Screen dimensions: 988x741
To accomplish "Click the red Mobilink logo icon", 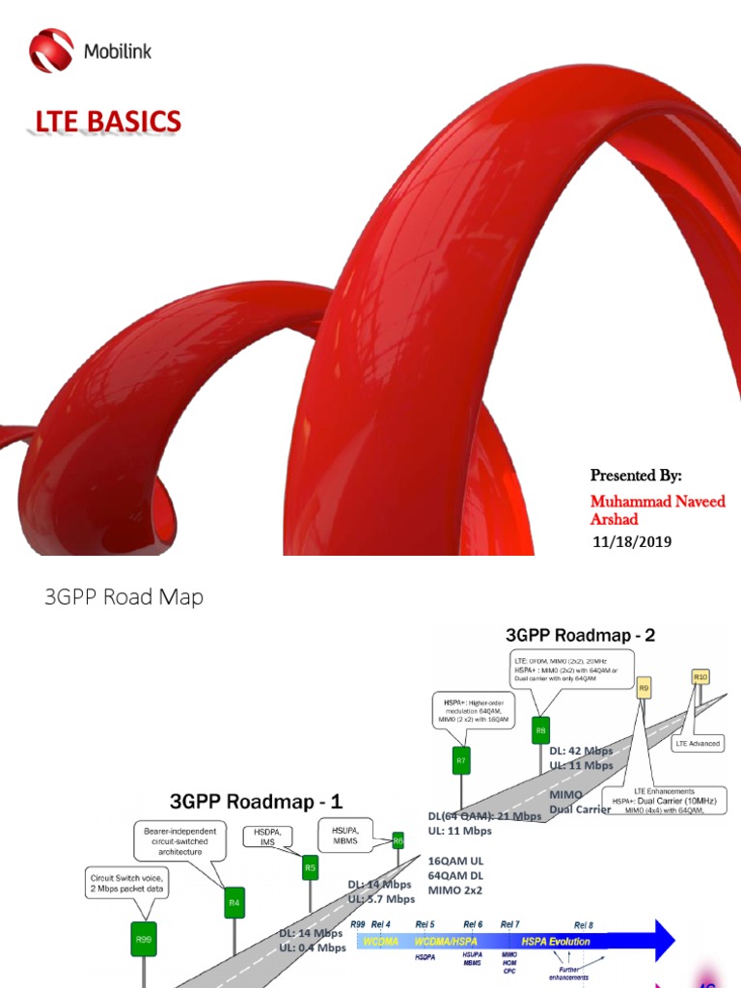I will click(x=50, y=51).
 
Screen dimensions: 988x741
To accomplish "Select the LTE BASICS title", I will click(x=108, y=123).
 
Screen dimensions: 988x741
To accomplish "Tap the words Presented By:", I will click(x=636, y=476).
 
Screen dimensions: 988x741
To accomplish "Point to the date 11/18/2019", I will click(x=631, y=542).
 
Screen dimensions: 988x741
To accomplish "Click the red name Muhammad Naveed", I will click(x=657, y=501).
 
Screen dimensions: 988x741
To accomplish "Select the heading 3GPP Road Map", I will click(x=124, y=597).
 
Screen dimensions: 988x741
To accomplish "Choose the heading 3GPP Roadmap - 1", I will click(x=256, y=801).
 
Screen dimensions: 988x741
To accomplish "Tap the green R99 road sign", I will click(x=143, y=938).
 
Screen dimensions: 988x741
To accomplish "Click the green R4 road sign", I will click(x=234, y=903).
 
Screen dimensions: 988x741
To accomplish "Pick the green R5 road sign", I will click(x=311, y=867).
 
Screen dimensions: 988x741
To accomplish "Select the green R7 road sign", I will click(x=461, y=761).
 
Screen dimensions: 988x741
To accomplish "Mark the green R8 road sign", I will click(x=540, y=730).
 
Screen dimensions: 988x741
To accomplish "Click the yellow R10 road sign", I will click(x=700, y=677).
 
